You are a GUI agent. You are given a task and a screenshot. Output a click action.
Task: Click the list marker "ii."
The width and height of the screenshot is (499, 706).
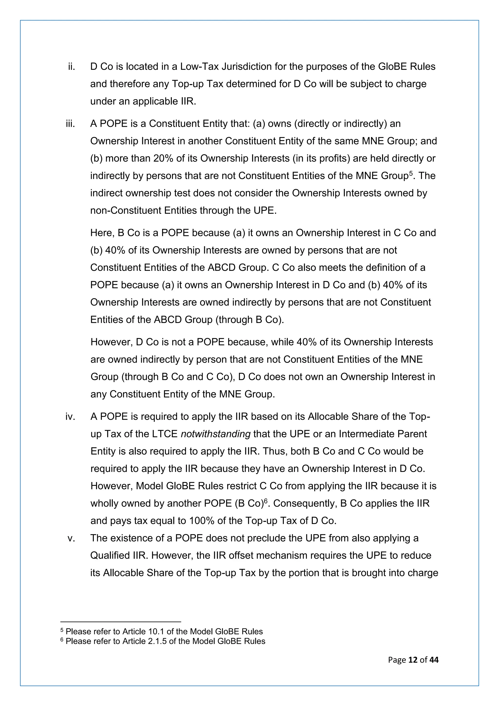click(x=72, y=67)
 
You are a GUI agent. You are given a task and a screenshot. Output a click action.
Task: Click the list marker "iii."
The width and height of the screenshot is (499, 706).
click(x=70, y=124)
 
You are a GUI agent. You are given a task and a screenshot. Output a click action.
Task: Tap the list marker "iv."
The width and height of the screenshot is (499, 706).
click(x=70, y=417)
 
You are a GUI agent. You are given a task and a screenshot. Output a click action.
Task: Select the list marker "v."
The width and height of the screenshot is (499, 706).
click(x=71, y=538)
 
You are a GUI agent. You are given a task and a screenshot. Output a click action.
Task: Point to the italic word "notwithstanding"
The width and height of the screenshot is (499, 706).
click(x=216, y=434)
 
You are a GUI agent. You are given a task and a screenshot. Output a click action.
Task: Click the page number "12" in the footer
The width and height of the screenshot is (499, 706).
click(x=413, y=666)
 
